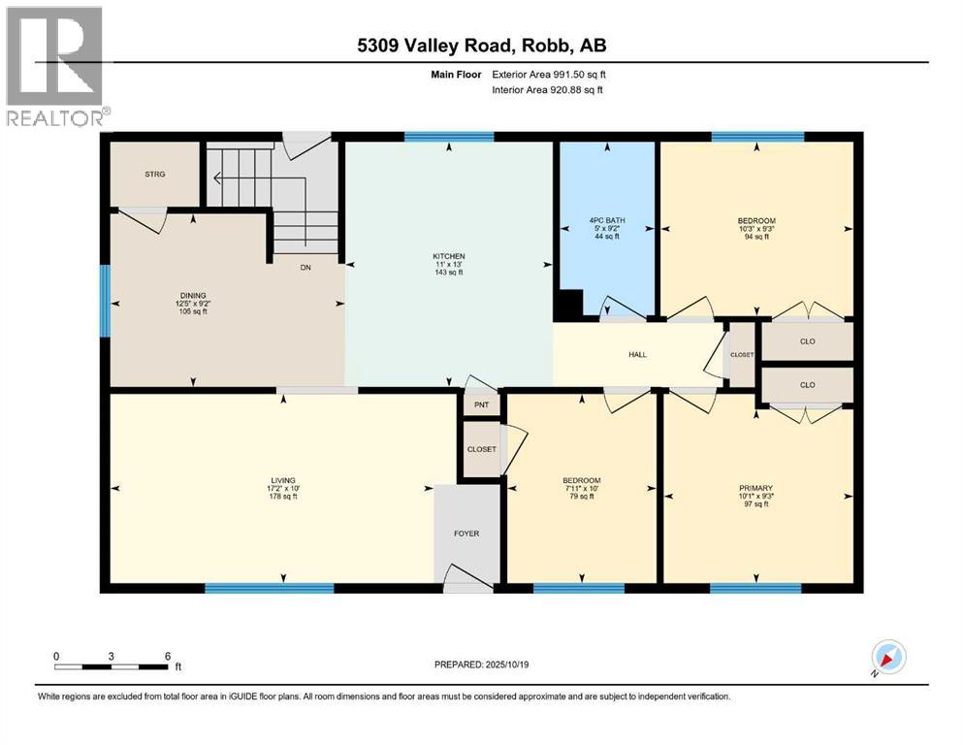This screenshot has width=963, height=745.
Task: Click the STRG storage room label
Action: [x=155, y=175]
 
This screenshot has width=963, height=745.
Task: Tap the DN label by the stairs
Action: [x=305, y=268]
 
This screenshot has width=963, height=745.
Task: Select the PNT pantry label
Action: [x=481, y=405]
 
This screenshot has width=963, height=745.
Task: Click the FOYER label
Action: [x=466, y=534]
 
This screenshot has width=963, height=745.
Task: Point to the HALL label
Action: [x=637, y=354]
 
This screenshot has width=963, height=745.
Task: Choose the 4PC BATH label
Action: [x=607, y=220]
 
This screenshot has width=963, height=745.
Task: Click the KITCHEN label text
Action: [x=449, y=256]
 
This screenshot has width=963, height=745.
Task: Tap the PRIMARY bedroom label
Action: [x=756, y=488]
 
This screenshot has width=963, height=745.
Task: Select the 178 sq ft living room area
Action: [x=283, y=497]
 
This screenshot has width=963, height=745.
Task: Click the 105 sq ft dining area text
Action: [x=193, y=311]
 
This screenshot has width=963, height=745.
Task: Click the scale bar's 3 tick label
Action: [x=112, y=656]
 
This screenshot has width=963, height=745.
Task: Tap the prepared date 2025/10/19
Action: [x=507, y=664]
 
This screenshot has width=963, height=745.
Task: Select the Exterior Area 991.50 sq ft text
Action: [x=549, y=75]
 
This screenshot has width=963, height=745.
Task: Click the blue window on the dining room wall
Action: [x=105, y=301]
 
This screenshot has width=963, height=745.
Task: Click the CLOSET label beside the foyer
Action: [x=481, y=449]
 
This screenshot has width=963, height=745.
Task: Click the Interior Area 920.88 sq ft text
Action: [x=547, y=89]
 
